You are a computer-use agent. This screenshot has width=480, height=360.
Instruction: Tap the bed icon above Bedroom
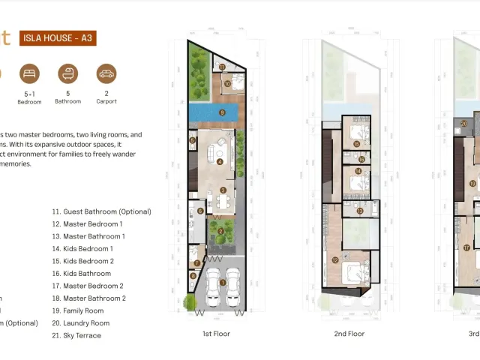coord(29,73)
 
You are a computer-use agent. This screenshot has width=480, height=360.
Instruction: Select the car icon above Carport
coord(106,73)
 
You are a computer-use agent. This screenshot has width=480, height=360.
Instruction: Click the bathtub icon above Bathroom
coord(68,73)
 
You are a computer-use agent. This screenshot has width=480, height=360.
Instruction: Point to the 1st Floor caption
coord(216,334)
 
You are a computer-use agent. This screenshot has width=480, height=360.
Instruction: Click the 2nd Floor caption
coord(349,334)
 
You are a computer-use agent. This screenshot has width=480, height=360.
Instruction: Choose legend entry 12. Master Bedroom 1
coord(87,224)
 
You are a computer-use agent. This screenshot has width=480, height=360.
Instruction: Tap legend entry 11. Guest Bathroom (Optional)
coord(101,211)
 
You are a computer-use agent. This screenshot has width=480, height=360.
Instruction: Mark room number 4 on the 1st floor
coord(220,161)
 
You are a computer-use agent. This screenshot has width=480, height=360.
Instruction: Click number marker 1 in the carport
coord(223,282)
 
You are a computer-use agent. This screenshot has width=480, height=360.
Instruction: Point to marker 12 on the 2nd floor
coord(334,260)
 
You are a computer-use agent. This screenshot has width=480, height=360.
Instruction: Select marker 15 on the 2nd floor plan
coord(357,144)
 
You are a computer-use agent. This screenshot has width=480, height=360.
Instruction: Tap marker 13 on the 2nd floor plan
coord(359,211)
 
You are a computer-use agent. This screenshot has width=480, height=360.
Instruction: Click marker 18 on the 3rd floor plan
coord(472,183)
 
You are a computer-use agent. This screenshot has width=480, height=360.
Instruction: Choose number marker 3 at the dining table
coord(223,190)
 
